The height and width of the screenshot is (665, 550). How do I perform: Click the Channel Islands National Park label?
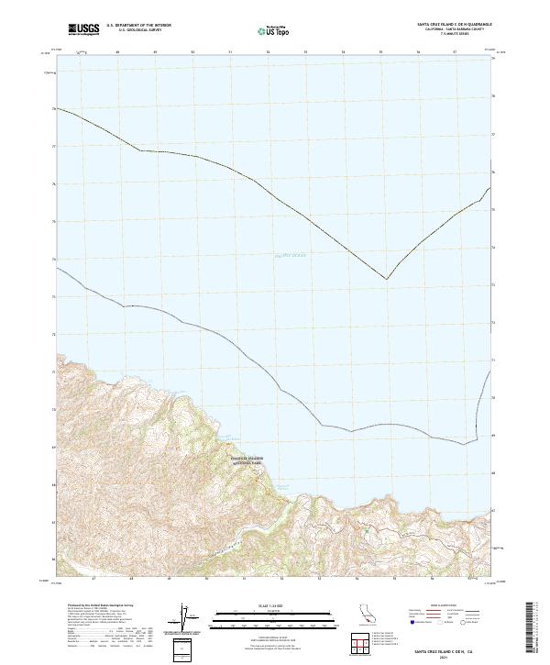[246, 460]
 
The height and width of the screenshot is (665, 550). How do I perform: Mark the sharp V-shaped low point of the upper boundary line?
[386, 279]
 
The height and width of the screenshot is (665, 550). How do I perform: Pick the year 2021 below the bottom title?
[447, 658]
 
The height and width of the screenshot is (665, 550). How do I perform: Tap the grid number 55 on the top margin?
[380, 52]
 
